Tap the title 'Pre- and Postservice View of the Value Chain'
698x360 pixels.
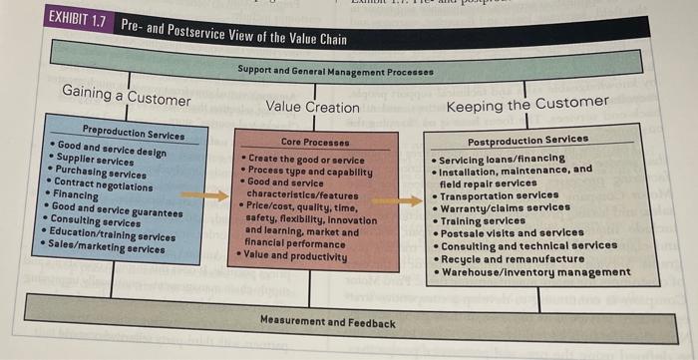pyautogui.click(x=235, y=30)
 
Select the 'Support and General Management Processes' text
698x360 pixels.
pyautogui.click(x=335, y=72)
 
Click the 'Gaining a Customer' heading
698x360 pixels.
pyautogui.click(x=126, y=97)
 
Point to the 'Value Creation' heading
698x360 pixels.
pyautogui.click(x=312, y=107)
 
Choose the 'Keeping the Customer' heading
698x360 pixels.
pyautogui.click(x=526, y=104)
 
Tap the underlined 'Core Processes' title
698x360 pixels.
pyautogui.click(x=312, y=143)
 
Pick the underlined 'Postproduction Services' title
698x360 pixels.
pyautogui.click(x=527, y=141)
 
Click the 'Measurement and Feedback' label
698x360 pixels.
pyautogui.click(x=327, y=322)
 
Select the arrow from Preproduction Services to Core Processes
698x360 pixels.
pyautogui.click(x=211, y=195)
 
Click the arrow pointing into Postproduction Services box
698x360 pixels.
pyautogui.click(x=403, y=200)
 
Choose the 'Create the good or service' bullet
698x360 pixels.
pyautogui.click(x=305, y=160)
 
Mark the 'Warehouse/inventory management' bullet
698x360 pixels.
pyautogui.click(x=536, y=272)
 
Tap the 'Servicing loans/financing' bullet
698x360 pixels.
pyautogui.click(x=502, y=159)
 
